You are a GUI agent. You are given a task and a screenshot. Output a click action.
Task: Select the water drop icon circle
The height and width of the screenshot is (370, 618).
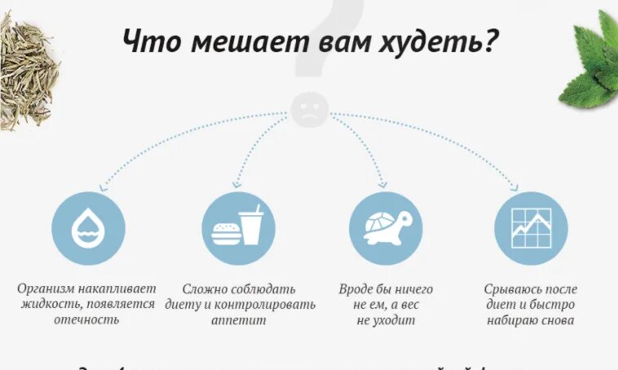(88, 228)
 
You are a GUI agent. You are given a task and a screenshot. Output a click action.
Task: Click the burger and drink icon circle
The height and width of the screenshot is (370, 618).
(239, 228)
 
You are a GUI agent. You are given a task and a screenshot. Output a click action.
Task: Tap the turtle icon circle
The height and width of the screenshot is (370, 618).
(386, 228)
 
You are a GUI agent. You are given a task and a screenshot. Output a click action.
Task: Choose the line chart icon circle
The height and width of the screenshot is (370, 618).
(531, 228)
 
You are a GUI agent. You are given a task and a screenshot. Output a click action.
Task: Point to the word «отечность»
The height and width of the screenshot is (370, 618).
(86, 319)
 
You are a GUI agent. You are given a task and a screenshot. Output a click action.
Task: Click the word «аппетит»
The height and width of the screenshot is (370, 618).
(239, 319)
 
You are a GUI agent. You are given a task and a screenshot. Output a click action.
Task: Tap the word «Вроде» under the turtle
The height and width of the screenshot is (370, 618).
(357, 289)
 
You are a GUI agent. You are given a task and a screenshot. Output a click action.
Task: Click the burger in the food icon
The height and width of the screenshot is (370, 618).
(224, 233)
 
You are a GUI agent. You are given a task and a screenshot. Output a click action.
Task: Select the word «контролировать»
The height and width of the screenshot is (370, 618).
(263, 304)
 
